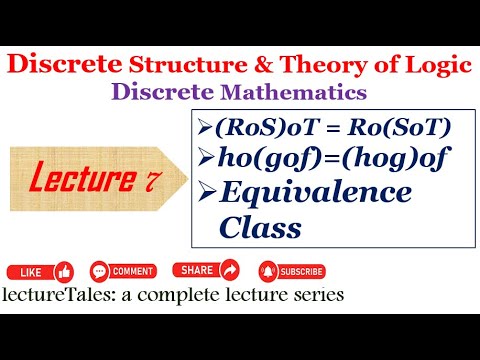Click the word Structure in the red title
[x=184, y=66]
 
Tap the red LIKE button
[x=40, y=271]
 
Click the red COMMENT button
[x=122, y=271]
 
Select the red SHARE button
[x=207, y=270]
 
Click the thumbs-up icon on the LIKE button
[x=64, y=271]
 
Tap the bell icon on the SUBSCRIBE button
[x=268, y=271]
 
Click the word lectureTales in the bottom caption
[x=56, y=296]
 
